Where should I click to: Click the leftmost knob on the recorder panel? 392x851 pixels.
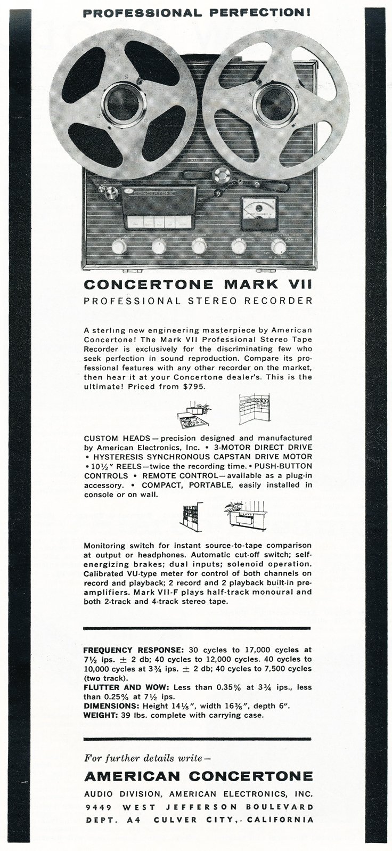(119, 246)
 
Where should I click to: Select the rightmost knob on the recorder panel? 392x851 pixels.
(278, 246)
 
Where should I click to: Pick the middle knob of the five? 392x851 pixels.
(199, 246)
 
